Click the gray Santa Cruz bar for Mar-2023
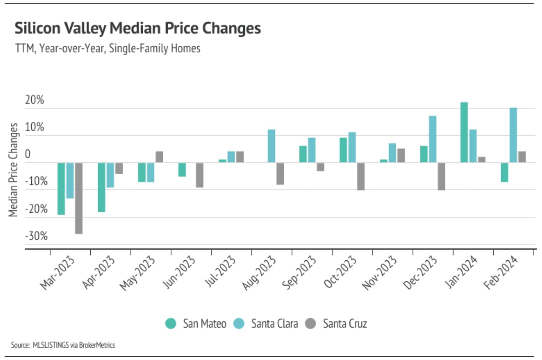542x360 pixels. pyautogui.click(x=79, y=198)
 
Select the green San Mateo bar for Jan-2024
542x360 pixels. pyautogui.click(x=464, y=132)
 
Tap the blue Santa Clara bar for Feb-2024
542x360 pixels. pyautogui.click(x=513, y=135)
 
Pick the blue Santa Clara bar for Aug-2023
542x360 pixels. pyautogui.click(x=271, y=146)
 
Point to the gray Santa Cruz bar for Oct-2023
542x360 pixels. pyautogui.click(x=361, y=176)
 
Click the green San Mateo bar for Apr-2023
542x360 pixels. pyautogui.click(x=102, y=187)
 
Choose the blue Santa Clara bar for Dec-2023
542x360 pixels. pyautogui.click(x=432, y=139)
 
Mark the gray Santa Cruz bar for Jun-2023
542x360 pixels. pyautogui.click(x=200, y=175)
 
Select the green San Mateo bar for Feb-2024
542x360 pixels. pyautogui.click(x=504, y=172)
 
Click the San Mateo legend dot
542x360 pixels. pyautogui.click(x=171, y=323)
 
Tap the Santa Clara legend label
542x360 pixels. pyautogui.click(x=274, y=323)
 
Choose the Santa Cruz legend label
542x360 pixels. pyautogui.click(x=345, y=323)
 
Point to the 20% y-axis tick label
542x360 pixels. pyautogui.click(x=34, y=100)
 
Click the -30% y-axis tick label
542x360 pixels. pyautogui.click(x=36, y=236)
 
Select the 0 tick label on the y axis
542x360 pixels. pyautogui.click(x=27, y=154)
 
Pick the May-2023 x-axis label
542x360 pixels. pyautogui.click(x=137, y=273)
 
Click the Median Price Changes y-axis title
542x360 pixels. pyautogui.click(x=14, y=170)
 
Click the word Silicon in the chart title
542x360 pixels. pyautogui.click(x=37, y=28)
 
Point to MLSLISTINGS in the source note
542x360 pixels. pyautogui.click(x=50, y=345)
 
